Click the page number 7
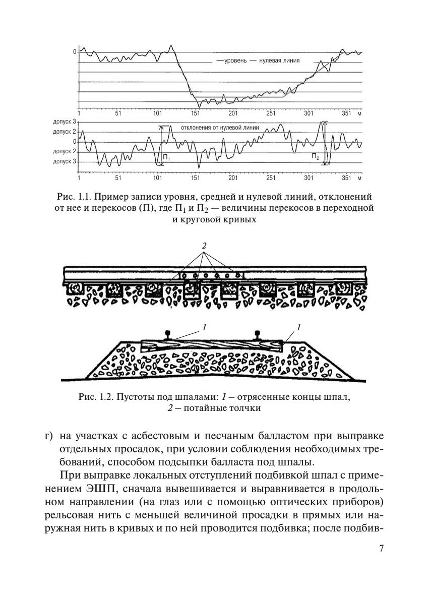(381, 549)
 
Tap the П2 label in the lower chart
(315, 157)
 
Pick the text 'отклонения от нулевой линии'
(220, 128)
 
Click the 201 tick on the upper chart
(233, 113)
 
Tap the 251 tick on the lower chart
(271, 178)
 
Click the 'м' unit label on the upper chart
(359, 113)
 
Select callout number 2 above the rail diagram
(204, 246)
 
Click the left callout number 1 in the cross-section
(204, 328)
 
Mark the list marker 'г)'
(48, 435)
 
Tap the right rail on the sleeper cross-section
(258, 335)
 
